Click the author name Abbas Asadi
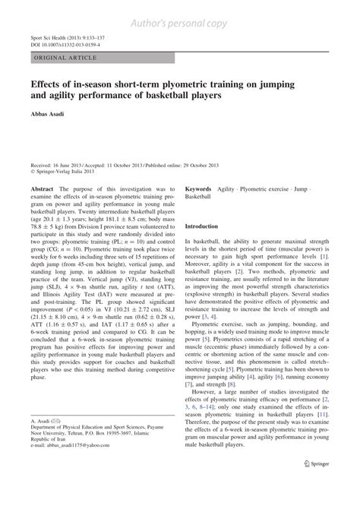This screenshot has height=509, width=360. tap(49, 122)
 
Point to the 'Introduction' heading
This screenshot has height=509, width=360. tap(207, 226)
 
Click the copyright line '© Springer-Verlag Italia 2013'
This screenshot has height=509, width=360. tap(68, 171)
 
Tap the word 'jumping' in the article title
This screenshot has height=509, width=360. tap(299, 84)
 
